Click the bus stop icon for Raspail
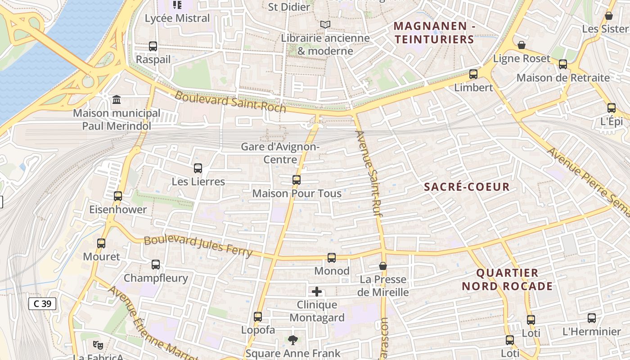click(x=153, y=46)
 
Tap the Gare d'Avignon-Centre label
click(x=280, y=153)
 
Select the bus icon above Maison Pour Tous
click(x=297, y=180)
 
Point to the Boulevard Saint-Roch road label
click(x=230, y=102)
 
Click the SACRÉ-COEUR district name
click(x=467, y=187)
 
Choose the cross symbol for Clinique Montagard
click(x=317, y=292)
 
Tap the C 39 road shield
click(x=43, y=304)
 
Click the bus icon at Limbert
click(x=473, y=74)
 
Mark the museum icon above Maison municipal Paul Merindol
click(x=117, y=99)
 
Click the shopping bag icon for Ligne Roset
click(x=522, y=45)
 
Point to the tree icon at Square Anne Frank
click(x=293, y=340)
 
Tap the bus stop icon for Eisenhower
click(x=118, y=196)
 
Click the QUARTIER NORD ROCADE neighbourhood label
click(x=507, y=279)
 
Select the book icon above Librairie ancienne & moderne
click(x=325, y=25)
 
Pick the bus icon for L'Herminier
click(x=592, y=318)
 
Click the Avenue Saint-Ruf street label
click(x=371, y=173)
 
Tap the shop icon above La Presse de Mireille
click(x=383, y=266)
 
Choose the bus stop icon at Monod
click(x=332, y=258)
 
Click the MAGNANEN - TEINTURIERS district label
click(x=434, y=33)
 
